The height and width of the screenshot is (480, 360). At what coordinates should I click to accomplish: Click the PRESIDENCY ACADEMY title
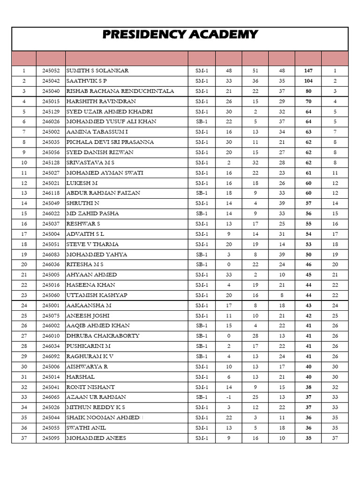180,34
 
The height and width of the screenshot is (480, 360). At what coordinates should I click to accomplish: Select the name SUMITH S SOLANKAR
97,71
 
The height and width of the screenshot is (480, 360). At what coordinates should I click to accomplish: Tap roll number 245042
51,81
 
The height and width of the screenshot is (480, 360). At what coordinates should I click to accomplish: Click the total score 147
308,71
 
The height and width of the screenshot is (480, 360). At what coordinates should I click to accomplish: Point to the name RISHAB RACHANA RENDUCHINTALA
120,91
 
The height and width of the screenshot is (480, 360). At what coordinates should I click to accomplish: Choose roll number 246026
51,122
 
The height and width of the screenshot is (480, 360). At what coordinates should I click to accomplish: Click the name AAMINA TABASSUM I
97,132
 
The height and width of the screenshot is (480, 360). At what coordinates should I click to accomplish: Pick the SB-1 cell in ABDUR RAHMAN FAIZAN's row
202,193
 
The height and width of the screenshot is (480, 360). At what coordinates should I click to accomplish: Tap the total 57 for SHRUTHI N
308,203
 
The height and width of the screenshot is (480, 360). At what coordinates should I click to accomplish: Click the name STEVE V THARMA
92,244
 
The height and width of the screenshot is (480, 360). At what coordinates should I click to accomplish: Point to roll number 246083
51,255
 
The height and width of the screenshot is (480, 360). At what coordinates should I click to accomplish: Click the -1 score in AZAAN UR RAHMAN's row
229,397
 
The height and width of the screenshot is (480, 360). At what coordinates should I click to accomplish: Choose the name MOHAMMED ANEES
96,438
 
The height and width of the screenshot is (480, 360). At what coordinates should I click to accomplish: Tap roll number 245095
51,438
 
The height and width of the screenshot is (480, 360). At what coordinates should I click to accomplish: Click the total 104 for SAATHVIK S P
308,81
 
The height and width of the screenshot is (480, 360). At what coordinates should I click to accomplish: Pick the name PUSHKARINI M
89,346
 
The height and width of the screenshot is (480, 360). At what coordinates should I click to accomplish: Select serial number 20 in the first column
24,265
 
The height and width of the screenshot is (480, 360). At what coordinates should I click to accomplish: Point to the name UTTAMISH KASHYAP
97,295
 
